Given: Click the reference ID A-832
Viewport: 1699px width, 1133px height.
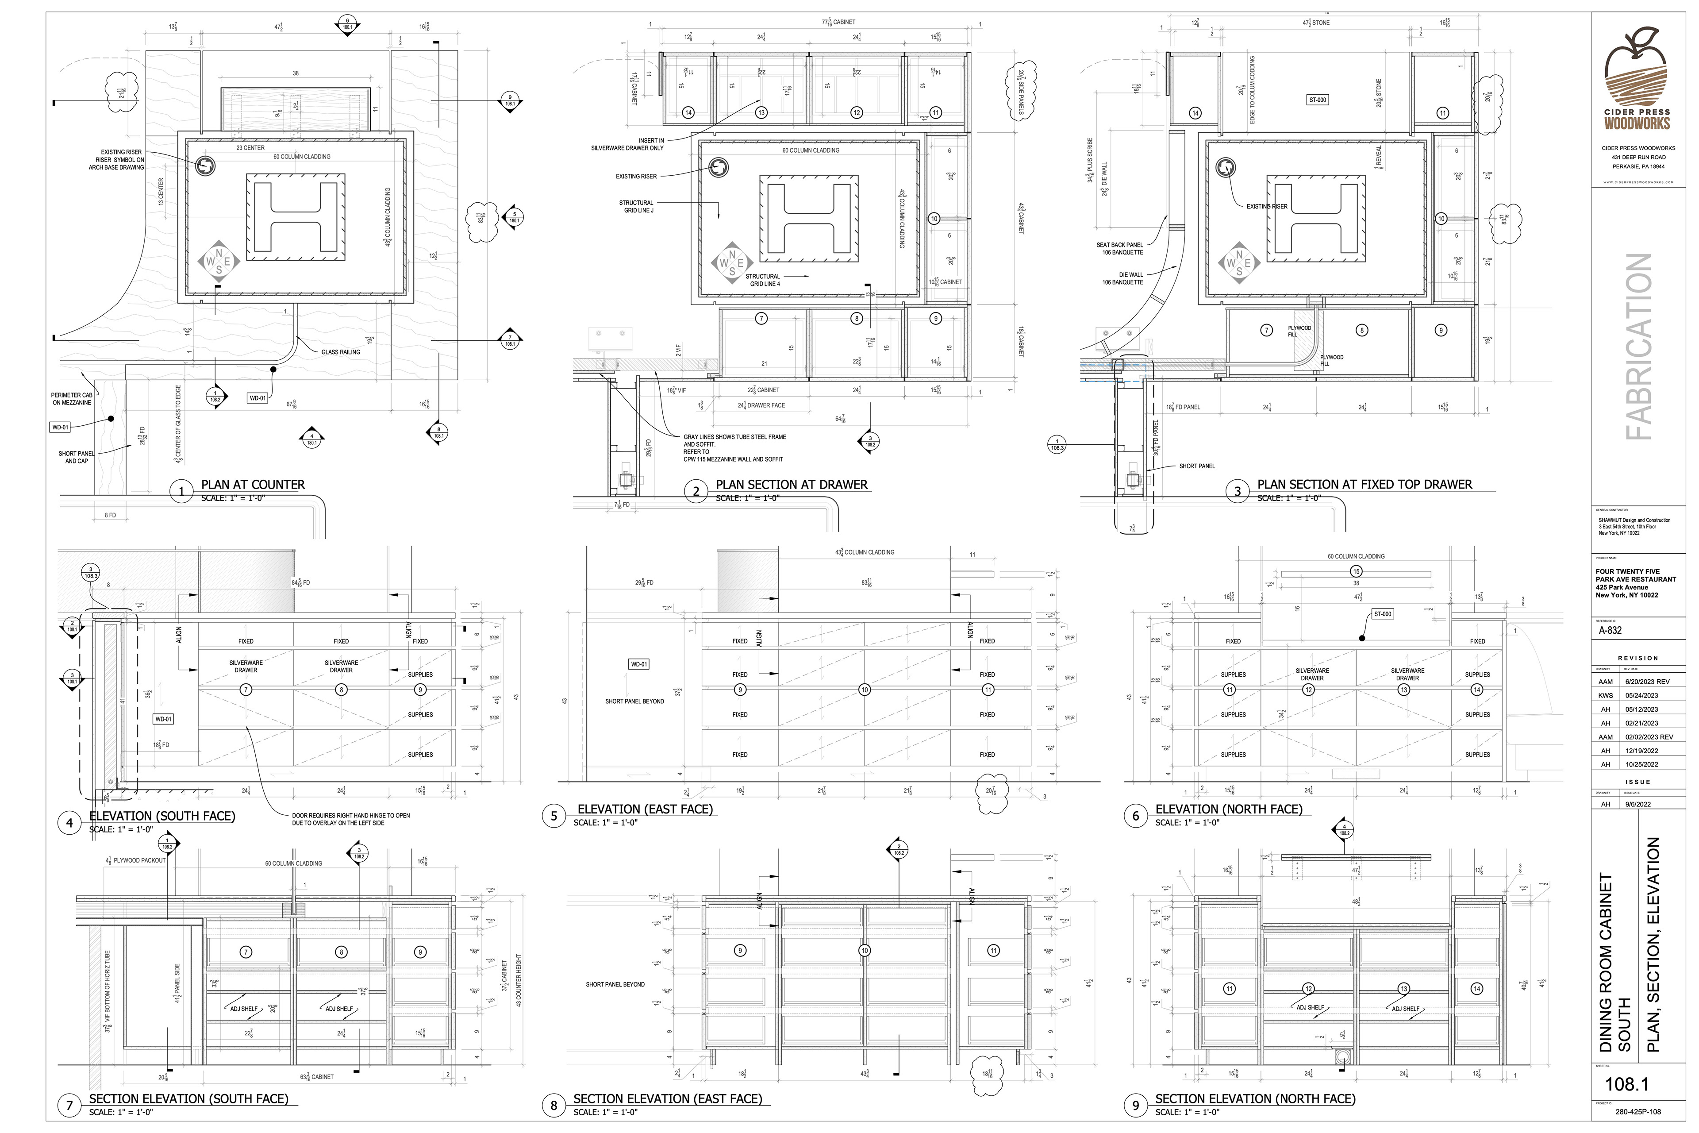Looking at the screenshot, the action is (1611, 630).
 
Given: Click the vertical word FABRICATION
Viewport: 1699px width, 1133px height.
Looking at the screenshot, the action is (1638, 347).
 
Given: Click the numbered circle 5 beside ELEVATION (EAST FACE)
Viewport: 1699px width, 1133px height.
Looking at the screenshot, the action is (554, 816).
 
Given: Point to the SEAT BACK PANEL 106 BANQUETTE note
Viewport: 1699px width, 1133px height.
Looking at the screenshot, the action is (1120, 249).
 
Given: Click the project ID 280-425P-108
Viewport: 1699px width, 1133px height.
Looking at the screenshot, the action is (1637, 1112).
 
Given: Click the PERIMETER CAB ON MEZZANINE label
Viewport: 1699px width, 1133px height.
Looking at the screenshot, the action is (72, 399).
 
